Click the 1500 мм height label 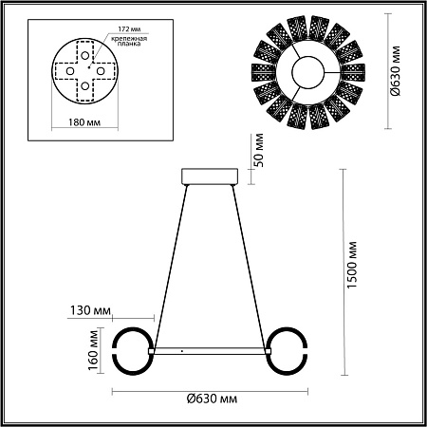pyautogui.click(x=352, y=265)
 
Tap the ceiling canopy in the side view pyautogui.click(x=212, y=177)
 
